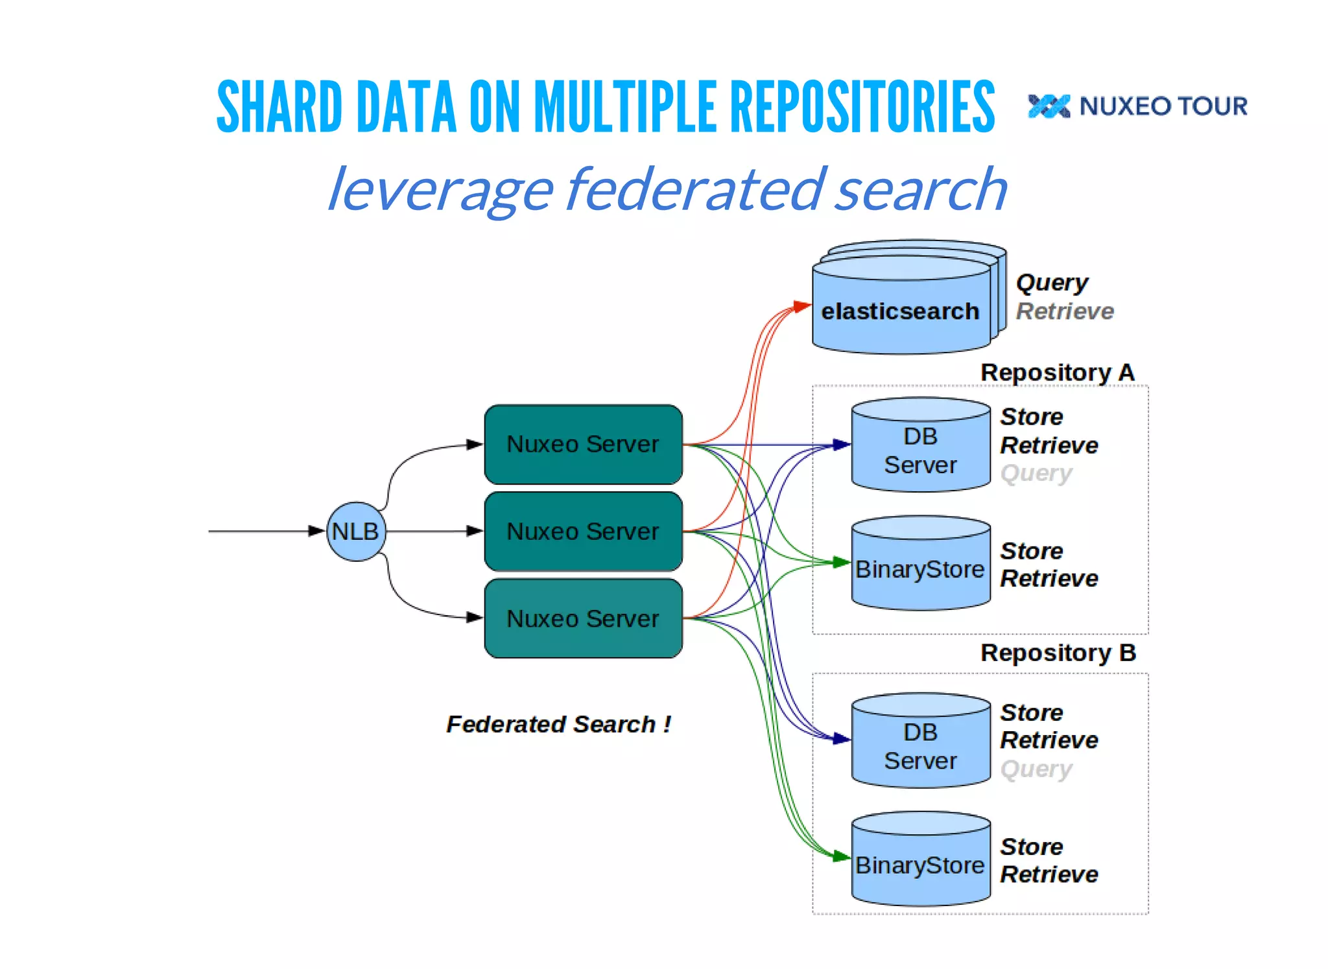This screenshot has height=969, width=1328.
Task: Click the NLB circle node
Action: click(356, 531)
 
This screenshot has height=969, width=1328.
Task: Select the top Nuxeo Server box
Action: click(583, 445)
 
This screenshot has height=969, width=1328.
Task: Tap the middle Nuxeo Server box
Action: click(583, 531)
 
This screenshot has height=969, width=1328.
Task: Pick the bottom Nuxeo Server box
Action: click(583, 618)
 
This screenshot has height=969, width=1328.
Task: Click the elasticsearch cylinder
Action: click(900, 312)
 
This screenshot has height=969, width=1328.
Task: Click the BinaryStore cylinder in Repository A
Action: click(920, 569)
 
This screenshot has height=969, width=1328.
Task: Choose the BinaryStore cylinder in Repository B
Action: click(920, 865)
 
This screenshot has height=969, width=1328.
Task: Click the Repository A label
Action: click(1057, 373)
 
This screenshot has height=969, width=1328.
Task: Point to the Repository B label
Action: click(1058, 653)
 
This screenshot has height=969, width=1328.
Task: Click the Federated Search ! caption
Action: click(558, 724)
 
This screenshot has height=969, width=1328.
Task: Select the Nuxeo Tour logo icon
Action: click(1049, 106)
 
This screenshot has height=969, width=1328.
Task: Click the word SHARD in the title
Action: click(279, 107)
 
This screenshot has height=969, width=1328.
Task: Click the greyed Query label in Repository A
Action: click(1036, 473)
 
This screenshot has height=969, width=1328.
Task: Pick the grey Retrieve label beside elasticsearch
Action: click(1064, 312)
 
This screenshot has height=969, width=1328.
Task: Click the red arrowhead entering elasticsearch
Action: click(803, 306)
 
